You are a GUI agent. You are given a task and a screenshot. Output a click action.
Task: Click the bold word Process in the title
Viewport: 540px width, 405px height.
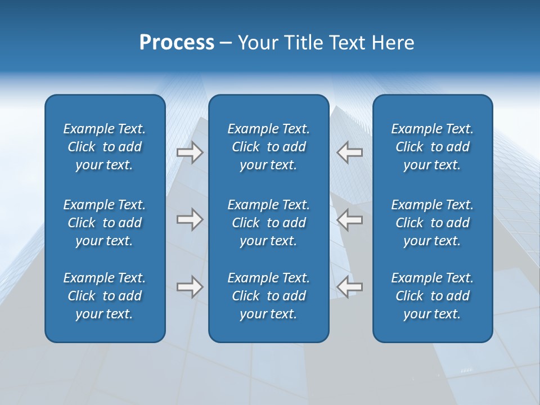click(x=177, y=43)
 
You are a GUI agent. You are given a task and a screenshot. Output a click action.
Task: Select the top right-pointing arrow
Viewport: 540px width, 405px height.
click(x=190, y=152)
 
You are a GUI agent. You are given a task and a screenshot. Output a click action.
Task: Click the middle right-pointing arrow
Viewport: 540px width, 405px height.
click(x=190, y=219)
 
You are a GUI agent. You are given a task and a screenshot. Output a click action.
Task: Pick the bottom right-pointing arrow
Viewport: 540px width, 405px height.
click(x=190, y=287)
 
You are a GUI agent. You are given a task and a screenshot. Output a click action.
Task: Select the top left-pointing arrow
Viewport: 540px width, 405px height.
click(x=349, y=152)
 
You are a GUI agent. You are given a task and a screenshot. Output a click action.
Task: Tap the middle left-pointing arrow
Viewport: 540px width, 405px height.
click(x=349, y=219)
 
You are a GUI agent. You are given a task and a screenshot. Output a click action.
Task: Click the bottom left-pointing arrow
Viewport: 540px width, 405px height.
click(x=349, y=287)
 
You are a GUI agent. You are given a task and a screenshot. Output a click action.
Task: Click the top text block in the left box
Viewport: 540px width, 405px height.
click(x=105, y=147)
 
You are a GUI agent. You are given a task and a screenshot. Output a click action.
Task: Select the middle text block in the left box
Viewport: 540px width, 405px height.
click(x=105, y=223)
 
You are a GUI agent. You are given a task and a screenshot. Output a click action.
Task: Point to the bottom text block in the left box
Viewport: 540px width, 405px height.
click(x=105, y=296)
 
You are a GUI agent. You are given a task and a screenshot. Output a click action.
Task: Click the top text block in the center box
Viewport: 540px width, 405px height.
click(x=269, y=147)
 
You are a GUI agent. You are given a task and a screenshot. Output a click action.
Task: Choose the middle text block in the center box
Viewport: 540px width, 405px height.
click(x=269, y=223)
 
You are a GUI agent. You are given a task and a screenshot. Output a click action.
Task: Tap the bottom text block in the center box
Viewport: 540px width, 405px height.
click(x=269, y=296)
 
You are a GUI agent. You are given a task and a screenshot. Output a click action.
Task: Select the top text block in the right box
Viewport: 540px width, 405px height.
click(x=433, y=147)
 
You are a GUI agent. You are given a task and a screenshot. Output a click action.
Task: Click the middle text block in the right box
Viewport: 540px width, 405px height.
click(x=433, y=223)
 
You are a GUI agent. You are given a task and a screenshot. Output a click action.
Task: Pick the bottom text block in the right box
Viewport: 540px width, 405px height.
click(x=433, y=296)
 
